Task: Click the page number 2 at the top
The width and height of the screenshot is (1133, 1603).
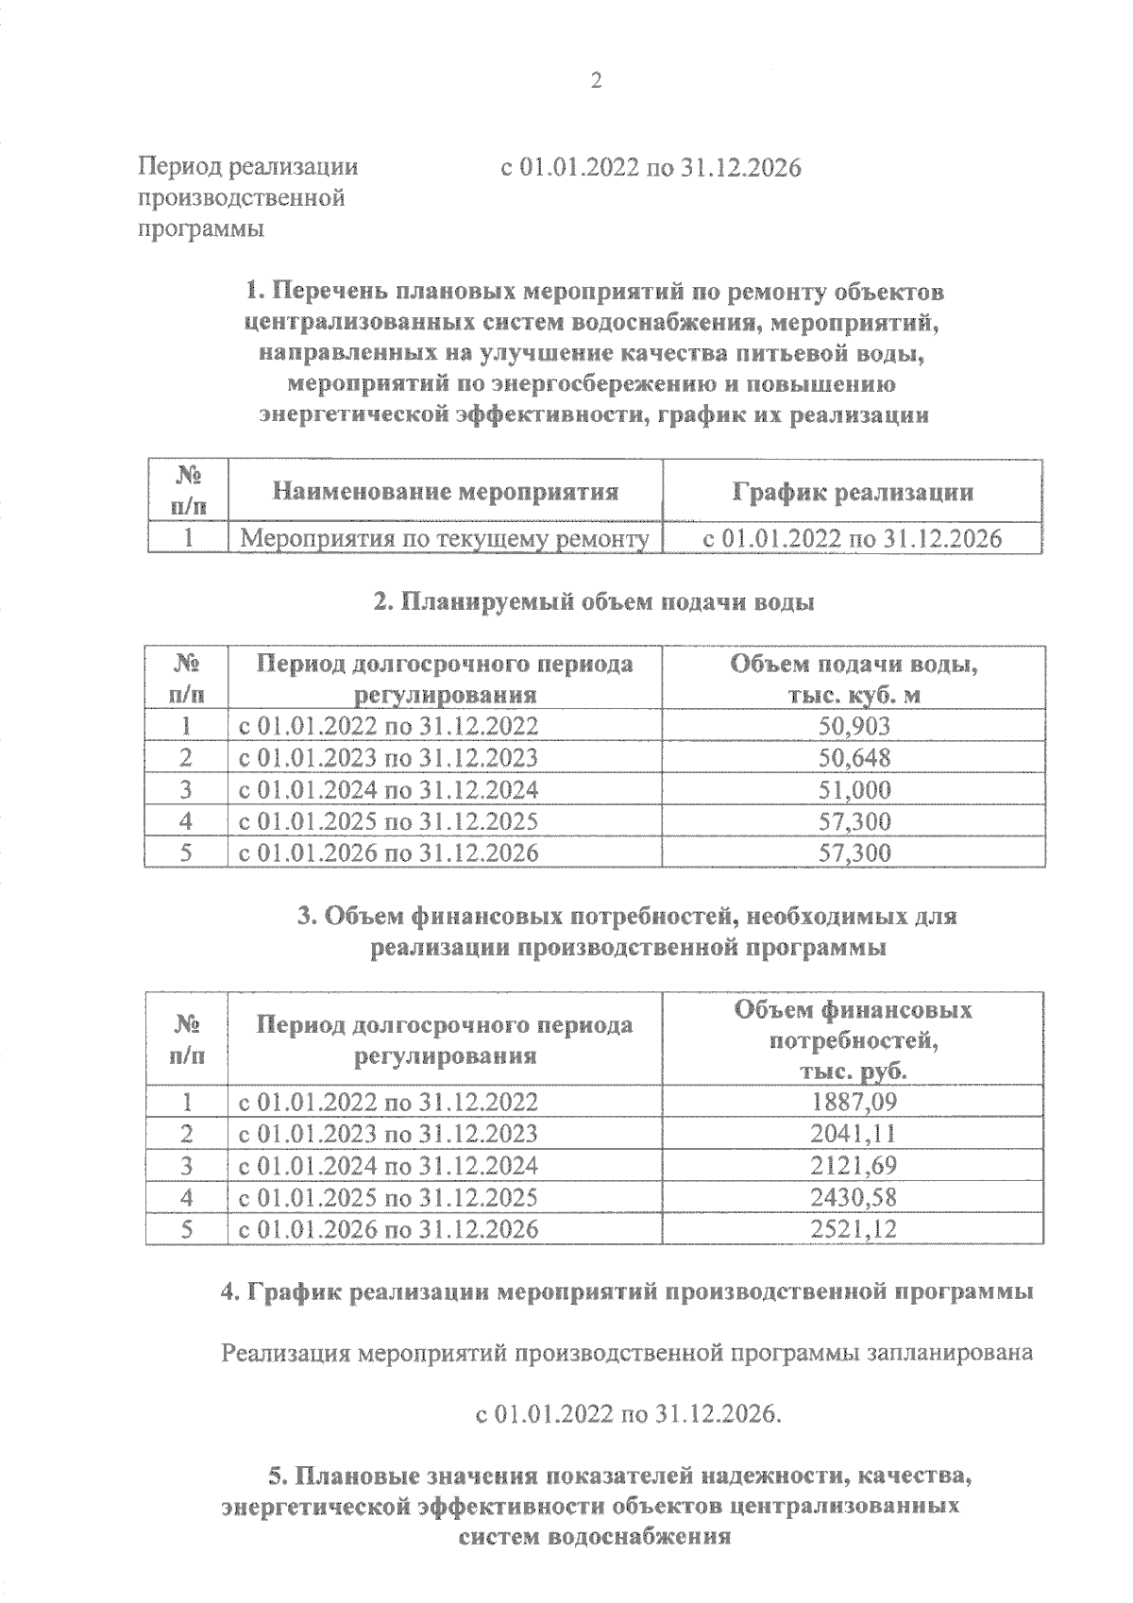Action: click(x=594, y=80)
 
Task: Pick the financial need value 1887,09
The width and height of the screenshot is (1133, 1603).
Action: click(x=854, y=1101)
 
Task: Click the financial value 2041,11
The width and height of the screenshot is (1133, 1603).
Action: click(x=854, y=1133)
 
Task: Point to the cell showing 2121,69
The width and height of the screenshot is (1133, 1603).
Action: click(x=854, y=1165)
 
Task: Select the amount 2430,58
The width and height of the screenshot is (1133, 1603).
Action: click(x=854, y=1197)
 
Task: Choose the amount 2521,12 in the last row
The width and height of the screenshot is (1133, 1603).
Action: click(x=854, y=1229)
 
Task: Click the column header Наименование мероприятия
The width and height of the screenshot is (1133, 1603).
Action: click(x=446, y=491)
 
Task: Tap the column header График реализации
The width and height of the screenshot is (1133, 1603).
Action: click(x=853, y=492)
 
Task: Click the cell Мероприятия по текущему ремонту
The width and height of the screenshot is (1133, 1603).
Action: click(x=445, y=539)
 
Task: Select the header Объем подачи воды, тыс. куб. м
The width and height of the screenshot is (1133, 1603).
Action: click(x=854, y=679)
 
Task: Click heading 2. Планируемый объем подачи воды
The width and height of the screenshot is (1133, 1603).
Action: click(x=594, y=602)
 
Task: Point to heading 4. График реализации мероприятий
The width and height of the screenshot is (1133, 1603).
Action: click(x=626, y=1292)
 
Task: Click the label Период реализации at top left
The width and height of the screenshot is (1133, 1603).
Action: click(x=248, y=167)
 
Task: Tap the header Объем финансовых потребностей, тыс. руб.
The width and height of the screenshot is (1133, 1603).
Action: click(x=854, y=1040)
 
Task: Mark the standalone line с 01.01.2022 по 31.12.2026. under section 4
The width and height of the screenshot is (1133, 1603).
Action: click(x=628, y=1414)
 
